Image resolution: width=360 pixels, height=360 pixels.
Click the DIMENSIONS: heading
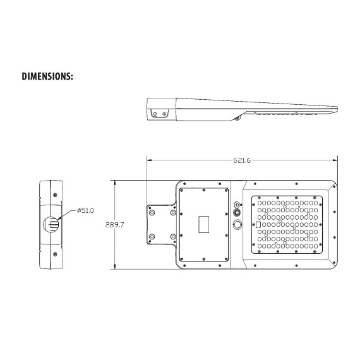pos(47,76)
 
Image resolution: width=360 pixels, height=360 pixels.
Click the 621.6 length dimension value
pos(242,160)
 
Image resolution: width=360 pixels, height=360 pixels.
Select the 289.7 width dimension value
pos(114,225)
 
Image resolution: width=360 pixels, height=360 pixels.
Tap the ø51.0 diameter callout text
pos(85,210)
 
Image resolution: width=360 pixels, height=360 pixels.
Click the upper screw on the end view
pos(55,195)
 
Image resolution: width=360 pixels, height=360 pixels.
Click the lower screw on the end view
pos(55,254)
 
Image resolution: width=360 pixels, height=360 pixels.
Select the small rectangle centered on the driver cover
pos(203,224)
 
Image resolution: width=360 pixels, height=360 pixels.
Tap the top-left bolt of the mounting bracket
pos(152,213)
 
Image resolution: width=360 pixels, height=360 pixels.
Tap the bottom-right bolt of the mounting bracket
pos(173,236)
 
